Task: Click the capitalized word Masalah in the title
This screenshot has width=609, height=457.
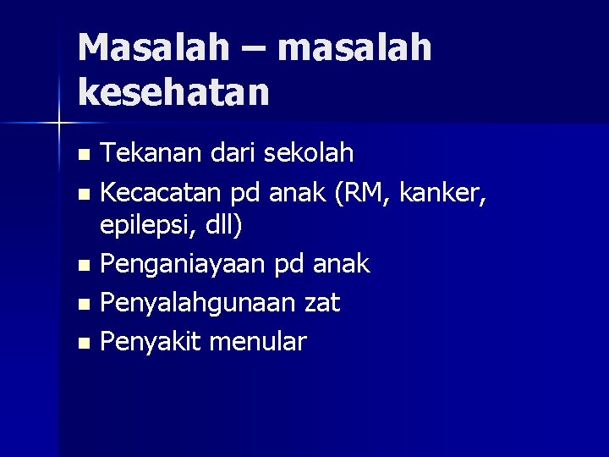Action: coord(152,48)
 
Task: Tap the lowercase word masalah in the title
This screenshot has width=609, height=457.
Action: coord(354,48)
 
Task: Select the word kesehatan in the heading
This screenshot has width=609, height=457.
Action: coord(173,91)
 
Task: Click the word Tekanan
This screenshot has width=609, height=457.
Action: coord(147,153)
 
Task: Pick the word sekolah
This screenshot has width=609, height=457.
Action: coord(309,153)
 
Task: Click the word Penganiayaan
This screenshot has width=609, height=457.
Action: coord(184,264)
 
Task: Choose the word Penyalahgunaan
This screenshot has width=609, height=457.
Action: coord(197,302)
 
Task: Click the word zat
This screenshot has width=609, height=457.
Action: coord(322,302)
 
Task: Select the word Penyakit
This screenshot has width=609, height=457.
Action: coord(150,341)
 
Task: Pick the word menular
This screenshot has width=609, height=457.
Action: coord(258,341)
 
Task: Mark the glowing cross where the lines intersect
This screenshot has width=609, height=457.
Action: coord(59,124)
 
